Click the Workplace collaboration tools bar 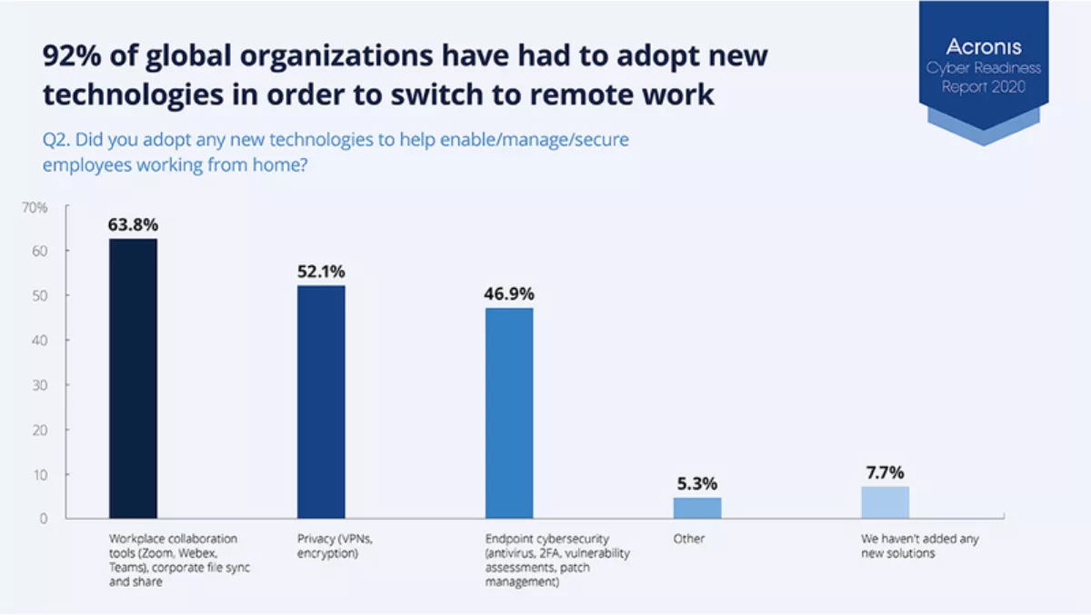[133, 378]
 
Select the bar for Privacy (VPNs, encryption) [321, 402]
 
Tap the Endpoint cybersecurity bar [509, 412]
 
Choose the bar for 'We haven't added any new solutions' [885, 501]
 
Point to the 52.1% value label [321, 272]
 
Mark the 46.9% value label [509, 294]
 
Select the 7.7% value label [885, 471]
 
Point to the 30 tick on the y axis [40, 385]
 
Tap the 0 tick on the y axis [43, 519]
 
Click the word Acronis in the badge [983, 47]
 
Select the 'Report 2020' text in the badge [983, 87]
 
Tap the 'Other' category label [689, 539]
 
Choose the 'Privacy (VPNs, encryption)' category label [334, 545]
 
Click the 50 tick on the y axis [40, 296]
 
